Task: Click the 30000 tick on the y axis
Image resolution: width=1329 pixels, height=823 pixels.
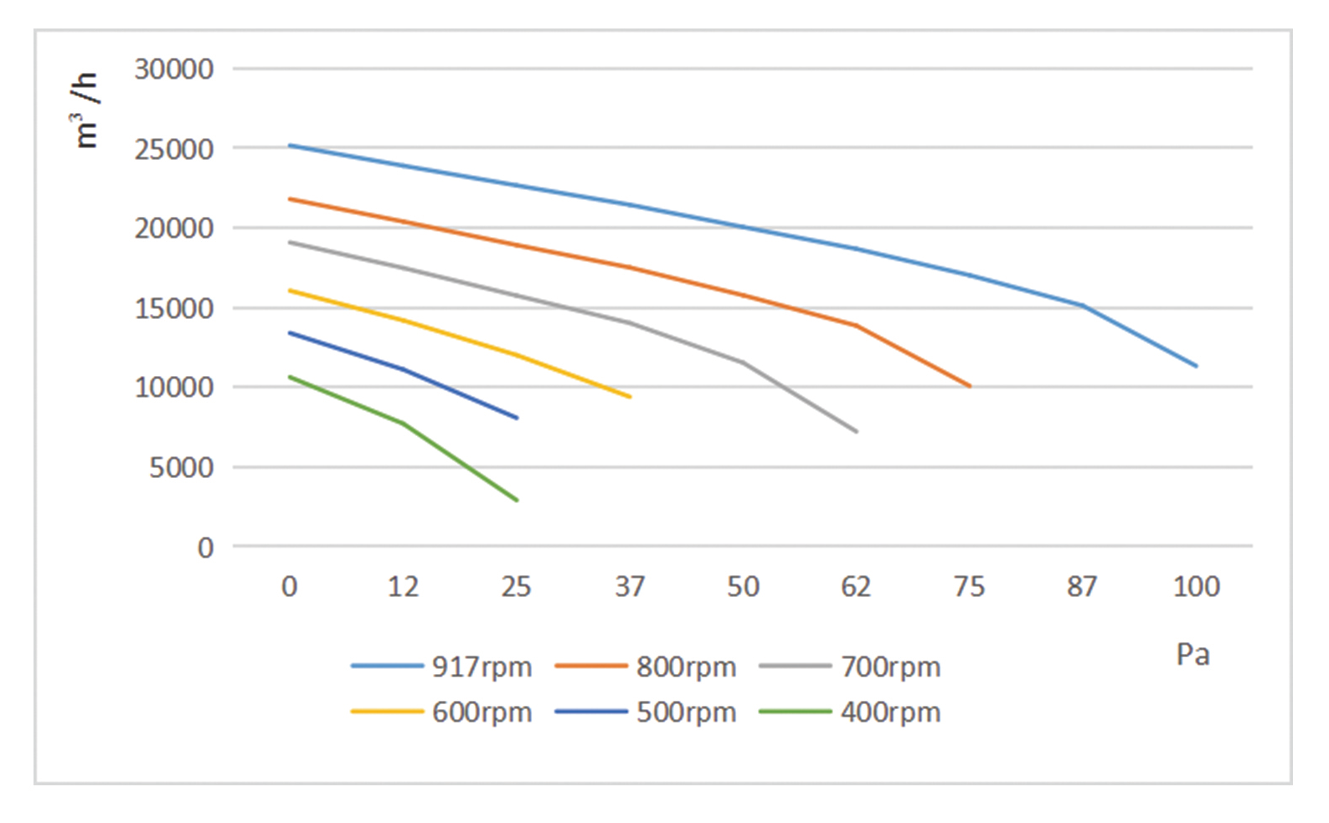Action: point(174,69)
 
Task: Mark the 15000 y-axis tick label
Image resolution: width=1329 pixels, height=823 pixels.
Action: point(174,308)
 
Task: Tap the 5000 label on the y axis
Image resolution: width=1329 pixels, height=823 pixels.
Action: point(182,467)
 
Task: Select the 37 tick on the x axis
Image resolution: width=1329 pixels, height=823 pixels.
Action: point(630,587)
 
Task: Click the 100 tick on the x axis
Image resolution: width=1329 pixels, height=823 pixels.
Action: point(1196,587)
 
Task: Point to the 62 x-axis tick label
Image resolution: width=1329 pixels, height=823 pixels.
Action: point(856,587)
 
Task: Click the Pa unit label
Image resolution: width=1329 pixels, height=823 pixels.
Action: point(1192,655)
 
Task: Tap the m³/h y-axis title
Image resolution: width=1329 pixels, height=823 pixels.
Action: point(86,111)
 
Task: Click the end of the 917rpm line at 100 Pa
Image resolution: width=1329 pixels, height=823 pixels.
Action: point(1196,366)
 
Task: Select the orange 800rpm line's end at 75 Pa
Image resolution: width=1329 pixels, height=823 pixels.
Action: point(970,386)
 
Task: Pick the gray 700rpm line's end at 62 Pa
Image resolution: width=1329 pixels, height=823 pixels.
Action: point(856,431)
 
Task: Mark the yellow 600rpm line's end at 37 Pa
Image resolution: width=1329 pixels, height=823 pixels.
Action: point(630,397)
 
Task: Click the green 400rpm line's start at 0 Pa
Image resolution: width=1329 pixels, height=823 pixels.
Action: point(290,377)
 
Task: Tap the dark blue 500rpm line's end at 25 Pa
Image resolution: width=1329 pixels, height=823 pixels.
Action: point(517,418)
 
